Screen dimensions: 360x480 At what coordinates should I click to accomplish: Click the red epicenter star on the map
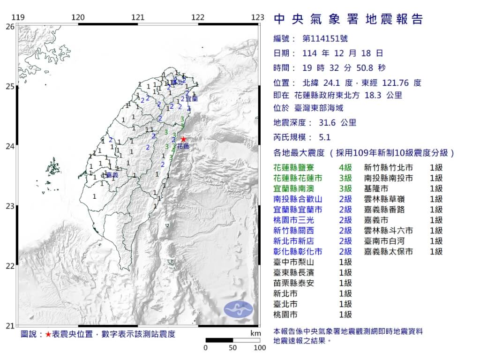pyautogui.click(x=183, y=139)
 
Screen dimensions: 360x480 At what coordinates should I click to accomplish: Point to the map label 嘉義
pyautogui.click(x=112, y=175)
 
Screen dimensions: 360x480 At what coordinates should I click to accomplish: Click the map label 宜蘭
pyautogui.click(x=192, y=99)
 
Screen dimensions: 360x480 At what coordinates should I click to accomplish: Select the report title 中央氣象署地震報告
pyautogui.click(x=348, y=19)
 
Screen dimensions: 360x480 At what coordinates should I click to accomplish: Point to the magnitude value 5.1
pyautogui.click(x=324, y=137)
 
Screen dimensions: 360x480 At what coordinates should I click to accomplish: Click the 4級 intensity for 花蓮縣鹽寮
pyautogui.click(x=345, y=167)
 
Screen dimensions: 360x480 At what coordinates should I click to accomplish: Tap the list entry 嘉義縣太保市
pyautogui.click(x=389, y=251)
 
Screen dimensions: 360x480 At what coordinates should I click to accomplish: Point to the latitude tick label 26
pyautogui.click(x=9, y=27)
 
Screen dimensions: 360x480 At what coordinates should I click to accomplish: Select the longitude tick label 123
pyautogui.click(x=257, y=18)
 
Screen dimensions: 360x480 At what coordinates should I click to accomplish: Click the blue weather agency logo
pyautogui.click(x=238, y=309)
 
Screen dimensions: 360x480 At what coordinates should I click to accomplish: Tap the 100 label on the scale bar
pyautogui.click(x=260, y=348)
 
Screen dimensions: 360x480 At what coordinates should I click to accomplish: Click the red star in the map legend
pyautogui.click(x=48, y=334)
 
